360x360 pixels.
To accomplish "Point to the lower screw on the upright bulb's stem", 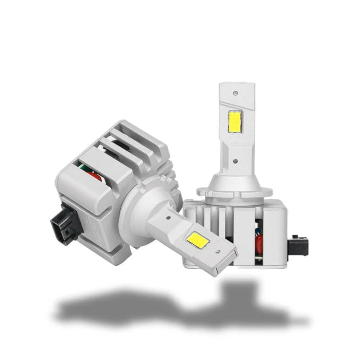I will click(236, 159).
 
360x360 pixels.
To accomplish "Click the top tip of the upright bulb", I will click(236, 85).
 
